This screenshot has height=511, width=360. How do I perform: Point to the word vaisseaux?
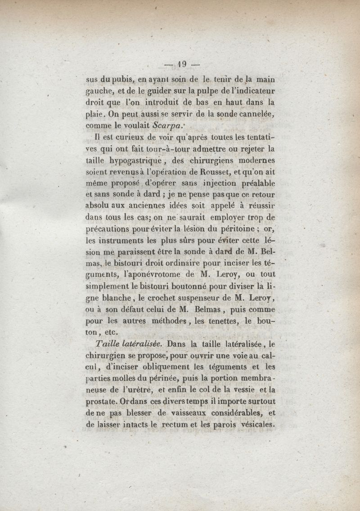tap(204, 413)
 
